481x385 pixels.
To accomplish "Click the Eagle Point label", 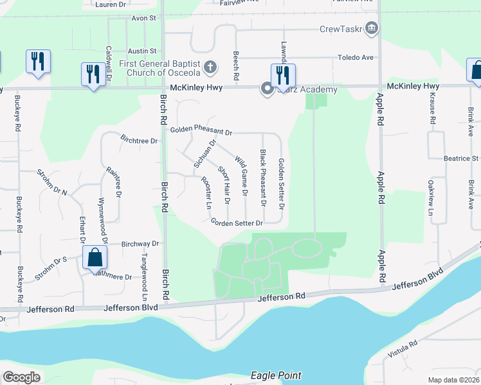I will (276, 375).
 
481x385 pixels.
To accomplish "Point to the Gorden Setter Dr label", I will (237, 223).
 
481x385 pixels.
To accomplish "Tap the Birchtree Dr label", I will (140, 138).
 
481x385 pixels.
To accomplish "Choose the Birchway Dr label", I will (140, 244).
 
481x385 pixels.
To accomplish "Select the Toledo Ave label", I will (356, 58).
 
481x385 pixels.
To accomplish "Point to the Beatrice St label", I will (462, 158).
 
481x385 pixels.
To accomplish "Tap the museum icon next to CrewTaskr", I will (371, 28).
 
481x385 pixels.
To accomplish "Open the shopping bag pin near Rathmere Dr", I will (95, 258).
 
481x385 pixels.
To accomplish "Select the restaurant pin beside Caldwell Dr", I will (93, 74).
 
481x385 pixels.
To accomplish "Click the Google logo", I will (21, 377).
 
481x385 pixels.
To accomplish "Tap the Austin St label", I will (142, 51).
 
